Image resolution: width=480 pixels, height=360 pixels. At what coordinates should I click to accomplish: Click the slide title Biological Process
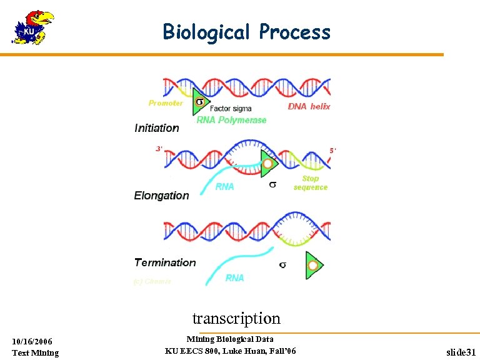[x=246, y=31]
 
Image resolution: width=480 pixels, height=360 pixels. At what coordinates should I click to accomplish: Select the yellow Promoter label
[x=166, y=103]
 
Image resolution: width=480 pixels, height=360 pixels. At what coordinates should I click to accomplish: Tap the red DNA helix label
[x=309, y=107]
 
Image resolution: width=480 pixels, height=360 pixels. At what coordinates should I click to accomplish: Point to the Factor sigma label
[x=231, y=109]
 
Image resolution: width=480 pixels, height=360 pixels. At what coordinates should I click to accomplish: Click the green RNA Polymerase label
[x=231, y=120]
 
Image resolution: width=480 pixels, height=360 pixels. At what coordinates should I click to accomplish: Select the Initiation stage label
[x=157, y=128]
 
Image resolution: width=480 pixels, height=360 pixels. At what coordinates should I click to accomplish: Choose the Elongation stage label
[x=161, y=196]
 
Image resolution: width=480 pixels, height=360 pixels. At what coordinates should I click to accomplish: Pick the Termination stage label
[x=165, y=262]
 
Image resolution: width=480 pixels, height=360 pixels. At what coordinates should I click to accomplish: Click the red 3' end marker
[x=159, y=149]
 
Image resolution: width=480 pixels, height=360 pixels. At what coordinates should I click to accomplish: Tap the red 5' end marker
[x=333, y=151]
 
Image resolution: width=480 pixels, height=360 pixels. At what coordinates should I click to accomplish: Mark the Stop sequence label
[x=311, y=183]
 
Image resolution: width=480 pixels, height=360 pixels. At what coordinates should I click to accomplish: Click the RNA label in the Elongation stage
[x=224, y=186]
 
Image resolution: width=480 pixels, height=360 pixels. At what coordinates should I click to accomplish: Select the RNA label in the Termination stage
[x=234, y=278]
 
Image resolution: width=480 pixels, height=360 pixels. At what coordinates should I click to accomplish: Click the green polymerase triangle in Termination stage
[x=313, y=266]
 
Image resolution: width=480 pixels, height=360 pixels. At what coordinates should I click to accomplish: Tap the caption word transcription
[x=236, y=318]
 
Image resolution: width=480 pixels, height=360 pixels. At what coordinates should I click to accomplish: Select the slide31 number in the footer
[x=461, y=352]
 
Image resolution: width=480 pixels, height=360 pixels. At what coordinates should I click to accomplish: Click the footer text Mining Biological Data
[x=230, y=339]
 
